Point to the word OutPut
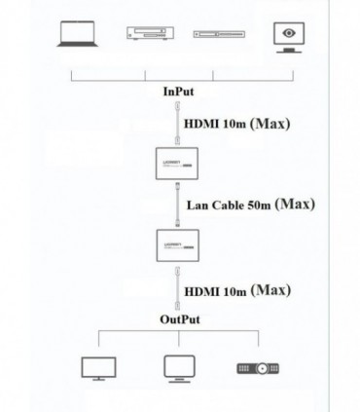180,318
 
